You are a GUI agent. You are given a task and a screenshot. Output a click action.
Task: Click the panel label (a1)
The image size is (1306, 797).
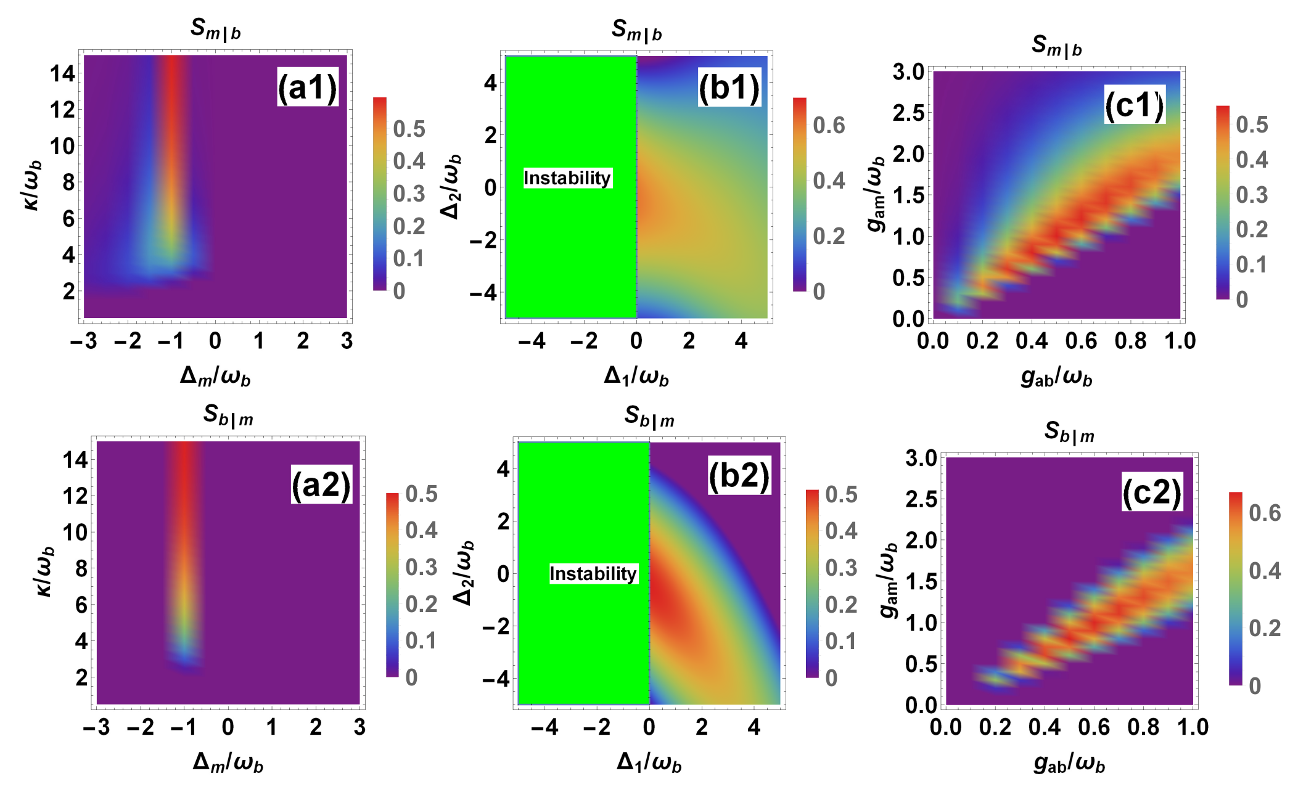click(308, 87)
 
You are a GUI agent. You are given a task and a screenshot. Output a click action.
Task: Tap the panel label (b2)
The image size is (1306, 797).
click(739, 475)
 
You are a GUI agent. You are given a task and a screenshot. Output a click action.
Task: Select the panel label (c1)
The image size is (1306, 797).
click(1134, 105)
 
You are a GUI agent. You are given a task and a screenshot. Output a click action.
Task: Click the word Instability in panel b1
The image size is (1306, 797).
click(567, 178)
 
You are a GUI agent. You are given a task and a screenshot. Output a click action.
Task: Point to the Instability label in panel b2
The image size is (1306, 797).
click(593, 574)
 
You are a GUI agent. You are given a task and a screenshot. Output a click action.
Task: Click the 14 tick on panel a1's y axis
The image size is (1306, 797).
click(62, 74)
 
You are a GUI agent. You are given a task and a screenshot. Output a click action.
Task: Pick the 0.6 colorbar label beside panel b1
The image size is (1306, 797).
click(829, 125)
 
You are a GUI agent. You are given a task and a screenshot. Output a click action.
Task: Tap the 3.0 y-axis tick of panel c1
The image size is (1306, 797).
click(908, 72)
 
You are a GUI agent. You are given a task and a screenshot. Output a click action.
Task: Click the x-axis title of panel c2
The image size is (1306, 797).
click(1069, 764)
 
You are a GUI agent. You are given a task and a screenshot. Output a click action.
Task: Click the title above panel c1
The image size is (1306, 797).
click(1057, 46)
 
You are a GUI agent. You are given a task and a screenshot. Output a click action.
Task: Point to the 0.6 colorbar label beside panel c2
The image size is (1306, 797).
click(1265, 513)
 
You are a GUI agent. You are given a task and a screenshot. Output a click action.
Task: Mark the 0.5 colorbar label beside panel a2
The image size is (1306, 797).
click(421, 494)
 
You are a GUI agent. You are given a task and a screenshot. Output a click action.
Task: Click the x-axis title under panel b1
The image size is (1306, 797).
click(636, 376)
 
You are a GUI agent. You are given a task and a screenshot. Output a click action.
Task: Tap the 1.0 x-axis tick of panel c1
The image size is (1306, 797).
click(1180, 341)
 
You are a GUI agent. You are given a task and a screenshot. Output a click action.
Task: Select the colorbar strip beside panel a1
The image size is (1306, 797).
click(380, 194)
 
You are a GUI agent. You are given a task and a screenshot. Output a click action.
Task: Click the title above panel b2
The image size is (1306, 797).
click(649, 417)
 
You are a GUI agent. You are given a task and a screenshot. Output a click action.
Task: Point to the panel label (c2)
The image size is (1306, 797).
click(1151, 492)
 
